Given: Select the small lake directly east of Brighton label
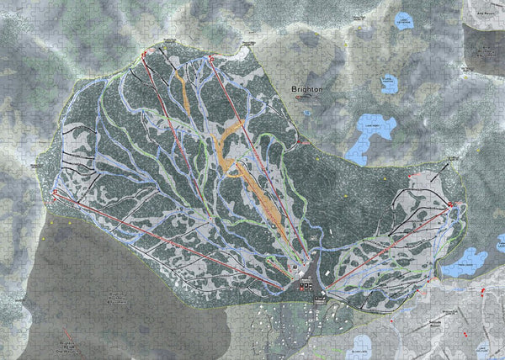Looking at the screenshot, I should [x=388, y=83].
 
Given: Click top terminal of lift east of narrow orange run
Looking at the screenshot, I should [x=211, y=59].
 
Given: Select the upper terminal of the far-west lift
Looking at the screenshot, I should [x=56, y=193].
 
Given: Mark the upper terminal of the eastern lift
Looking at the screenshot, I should [x=451, y=204].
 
